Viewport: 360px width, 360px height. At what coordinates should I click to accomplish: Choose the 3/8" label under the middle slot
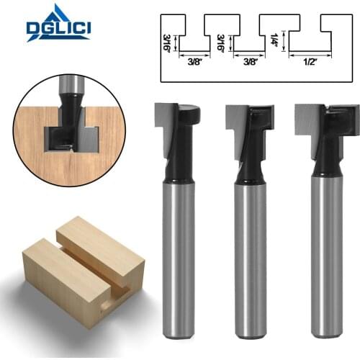248,62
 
